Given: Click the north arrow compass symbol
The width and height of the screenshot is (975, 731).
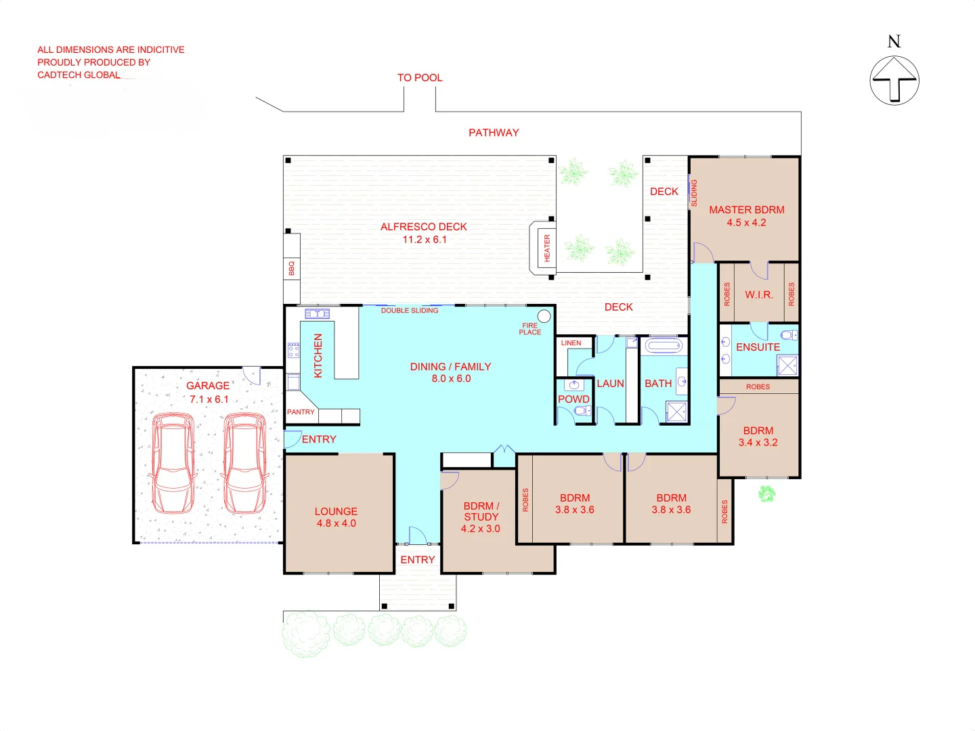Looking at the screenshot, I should coord(894,80).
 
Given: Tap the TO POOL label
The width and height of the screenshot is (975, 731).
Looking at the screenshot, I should coord(420,78).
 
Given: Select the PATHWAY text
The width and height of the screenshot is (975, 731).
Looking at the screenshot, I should coord(494,133).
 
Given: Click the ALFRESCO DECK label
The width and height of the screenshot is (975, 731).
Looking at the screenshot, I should coord(424,227).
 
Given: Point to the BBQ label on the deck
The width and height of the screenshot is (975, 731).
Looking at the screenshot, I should coord(292,268).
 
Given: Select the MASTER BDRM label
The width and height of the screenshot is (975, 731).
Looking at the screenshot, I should coord(746,210).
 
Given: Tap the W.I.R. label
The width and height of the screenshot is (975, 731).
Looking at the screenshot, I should coord(758,294).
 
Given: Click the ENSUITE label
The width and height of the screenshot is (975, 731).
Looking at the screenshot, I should coord(758,347).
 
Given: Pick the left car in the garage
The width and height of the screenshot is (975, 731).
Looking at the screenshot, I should coord(174,464).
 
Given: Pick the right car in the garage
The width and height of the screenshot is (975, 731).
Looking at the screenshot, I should coord(244,464).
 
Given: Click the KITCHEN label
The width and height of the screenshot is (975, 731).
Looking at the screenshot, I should coord(318,355).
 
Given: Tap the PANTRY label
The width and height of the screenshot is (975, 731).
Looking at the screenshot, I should coord(301,412).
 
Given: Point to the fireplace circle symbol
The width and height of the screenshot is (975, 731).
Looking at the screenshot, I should coord(544,316).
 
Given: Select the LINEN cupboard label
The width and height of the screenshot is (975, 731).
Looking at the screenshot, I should coord(571,343).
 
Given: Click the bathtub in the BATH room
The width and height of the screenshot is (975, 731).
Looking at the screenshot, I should coord(663,347).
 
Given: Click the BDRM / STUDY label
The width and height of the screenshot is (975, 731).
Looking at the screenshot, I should coord(481,511).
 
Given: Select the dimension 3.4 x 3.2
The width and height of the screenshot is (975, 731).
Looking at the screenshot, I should coord(758,443).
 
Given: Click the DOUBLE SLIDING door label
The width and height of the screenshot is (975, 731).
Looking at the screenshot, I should coord(409,311).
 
